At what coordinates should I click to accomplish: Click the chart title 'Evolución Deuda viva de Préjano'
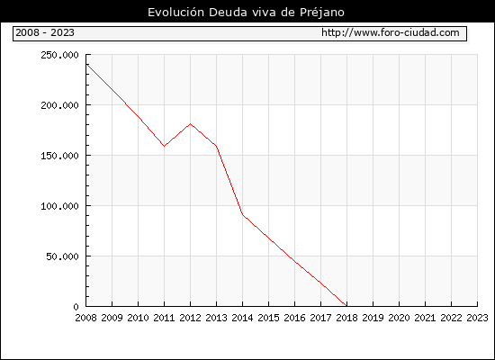[x=246, y=13]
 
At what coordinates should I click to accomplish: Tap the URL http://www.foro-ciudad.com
[x=391, y=32]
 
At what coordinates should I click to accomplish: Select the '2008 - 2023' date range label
[x=45, y=32]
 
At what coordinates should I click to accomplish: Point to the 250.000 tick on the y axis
[x=59, y=55]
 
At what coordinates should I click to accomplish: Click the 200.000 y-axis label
[x=59, y=105]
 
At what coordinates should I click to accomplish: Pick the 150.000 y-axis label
[x=59, y=156]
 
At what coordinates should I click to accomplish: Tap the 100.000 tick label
[x=59, y=206]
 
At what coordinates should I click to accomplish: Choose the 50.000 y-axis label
[x=62, y=256]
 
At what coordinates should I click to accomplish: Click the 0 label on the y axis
[x=76, y=307]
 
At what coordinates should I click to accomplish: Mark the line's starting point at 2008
[x=86, y=65]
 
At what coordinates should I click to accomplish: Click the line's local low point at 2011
[x=164, y=146]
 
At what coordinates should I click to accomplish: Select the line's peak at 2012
[x=191, y=124]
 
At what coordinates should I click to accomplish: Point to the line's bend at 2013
[x=216, y=146]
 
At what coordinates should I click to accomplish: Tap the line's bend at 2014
[x=242, y=215]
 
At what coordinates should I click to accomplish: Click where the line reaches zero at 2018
[x=346, y=306]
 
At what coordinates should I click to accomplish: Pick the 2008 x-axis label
[x=85, y=318]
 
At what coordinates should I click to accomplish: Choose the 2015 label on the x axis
[x=269, y=318]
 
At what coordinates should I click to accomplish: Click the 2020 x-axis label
[x=399, y=318]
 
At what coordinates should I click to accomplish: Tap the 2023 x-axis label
[x=477, y=318]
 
